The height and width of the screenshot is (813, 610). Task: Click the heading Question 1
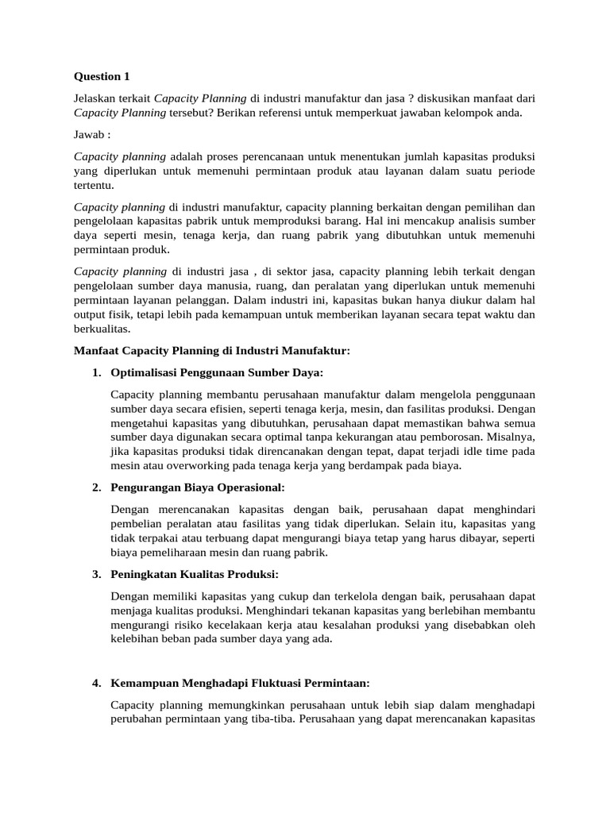click(x=101, y=77)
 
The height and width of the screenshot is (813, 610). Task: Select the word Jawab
click(x=89, y=134)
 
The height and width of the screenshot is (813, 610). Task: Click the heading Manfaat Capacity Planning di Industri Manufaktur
click(x=211, y=350)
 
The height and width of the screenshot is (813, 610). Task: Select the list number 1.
click(x=96, y=372)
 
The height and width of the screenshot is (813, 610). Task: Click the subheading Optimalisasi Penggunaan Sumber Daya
click(x=217, y=372)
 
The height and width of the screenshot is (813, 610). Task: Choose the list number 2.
click(x=96, y=487)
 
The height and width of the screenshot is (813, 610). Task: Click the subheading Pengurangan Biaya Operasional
click(x=197, y=487)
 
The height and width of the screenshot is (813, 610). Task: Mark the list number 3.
click(x=96, y=574)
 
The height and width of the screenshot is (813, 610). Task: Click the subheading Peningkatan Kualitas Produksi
click(x=195, y=574)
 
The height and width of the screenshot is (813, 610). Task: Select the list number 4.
click(x=96, y=683)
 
